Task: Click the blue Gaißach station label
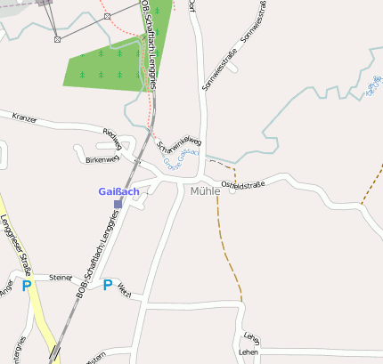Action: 118,191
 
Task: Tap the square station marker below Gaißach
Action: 118,204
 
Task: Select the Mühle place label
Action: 205,190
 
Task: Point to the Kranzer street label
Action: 24,117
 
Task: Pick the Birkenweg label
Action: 102,159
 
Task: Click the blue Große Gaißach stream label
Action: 182,159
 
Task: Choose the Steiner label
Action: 61,278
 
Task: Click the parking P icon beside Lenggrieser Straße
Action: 27,286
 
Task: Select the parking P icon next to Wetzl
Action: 108,286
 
